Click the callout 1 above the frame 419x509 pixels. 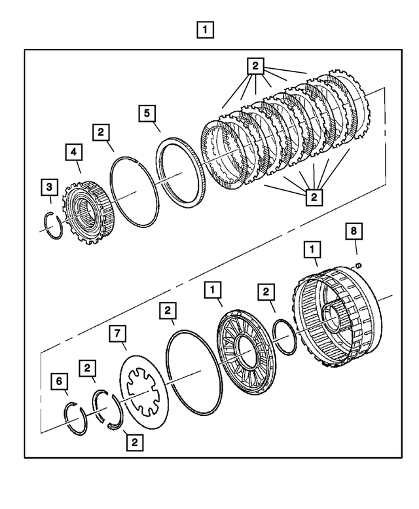coord(206,29)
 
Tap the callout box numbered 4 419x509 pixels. coord(74,153)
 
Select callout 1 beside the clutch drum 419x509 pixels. coord(312,249)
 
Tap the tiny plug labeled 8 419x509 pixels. coord(359,265)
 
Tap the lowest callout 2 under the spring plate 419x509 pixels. coord(135,442)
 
